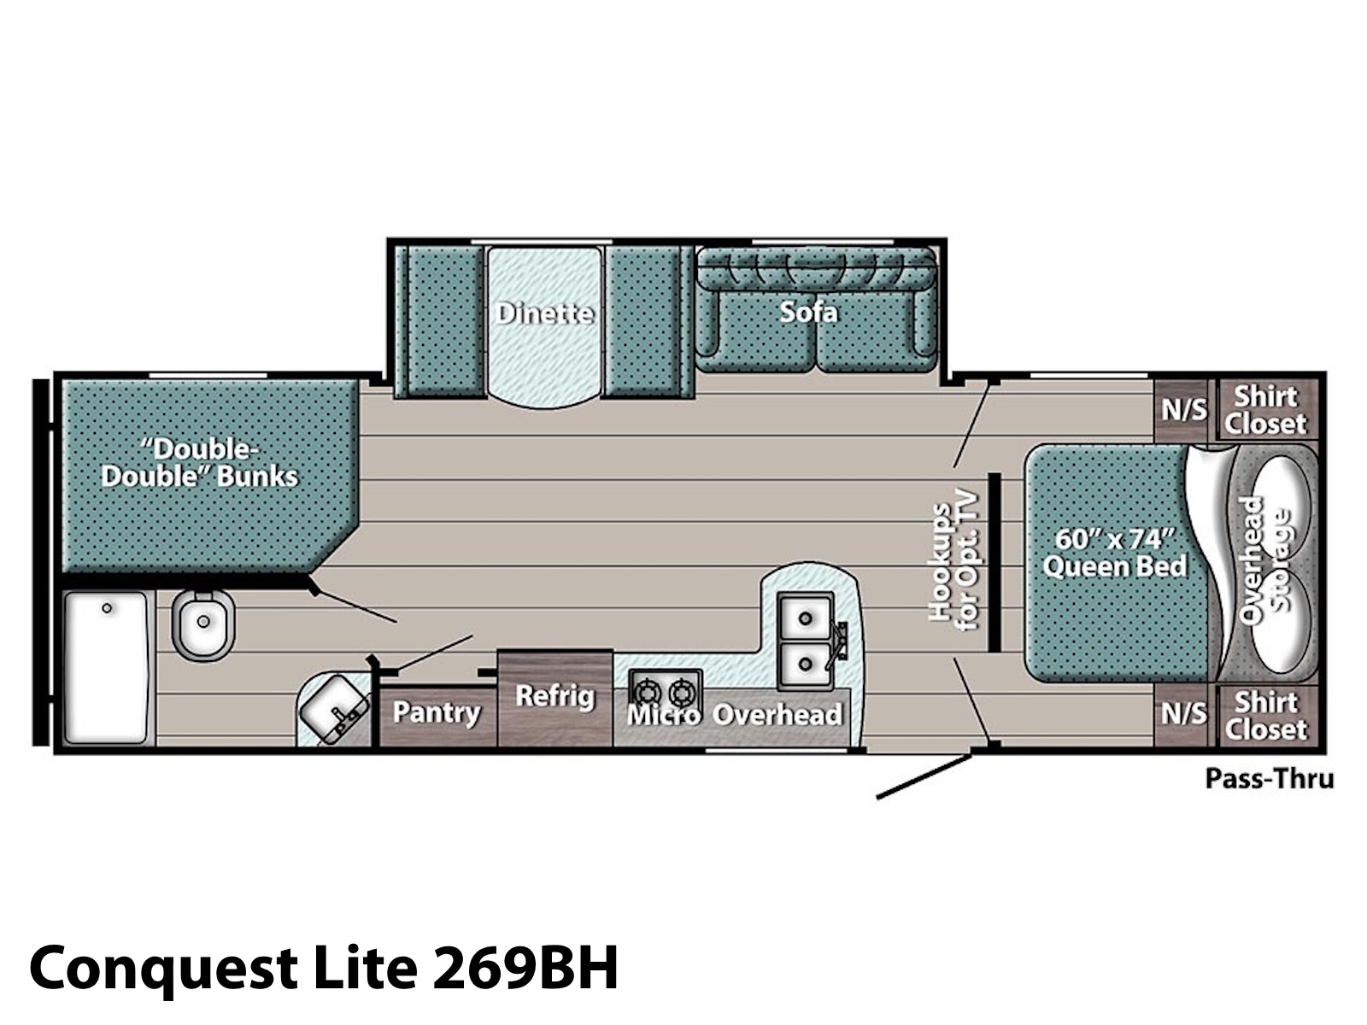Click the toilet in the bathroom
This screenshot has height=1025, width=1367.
tap(202, 624)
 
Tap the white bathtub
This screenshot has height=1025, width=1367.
tap(107, 667)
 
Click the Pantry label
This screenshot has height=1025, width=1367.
tap(437, 712)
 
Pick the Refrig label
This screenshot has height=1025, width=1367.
tap(554, 696)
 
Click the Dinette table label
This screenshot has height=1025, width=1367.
tap(545, 313)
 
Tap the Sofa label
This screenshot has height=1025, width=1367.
tap(808, 312)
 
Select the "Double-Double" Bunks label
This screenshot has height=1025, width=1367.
tap(199, 464)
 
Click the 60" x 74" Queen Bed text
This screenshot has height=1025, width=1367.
tap(1115, 553)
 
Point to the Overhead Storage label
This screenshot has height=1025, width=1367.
tap(1264, 560)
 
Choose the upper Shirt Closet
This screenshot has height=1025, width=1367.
tap(1266, 410)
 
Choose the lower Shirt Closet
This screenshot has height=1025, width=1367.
tap(1266, 716)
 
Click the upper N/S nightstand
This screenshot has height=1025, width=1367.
tap(1184, 411)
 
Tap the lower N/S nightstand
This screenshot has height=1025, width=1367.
tap(1184, 714)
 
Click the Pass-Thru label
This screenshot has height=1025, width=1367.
tap(1270, 779)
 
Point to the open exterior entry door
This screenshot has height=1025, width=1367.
tap(924, 776)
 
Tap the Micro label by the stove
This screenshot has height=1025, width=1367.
tap(664, 715)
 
